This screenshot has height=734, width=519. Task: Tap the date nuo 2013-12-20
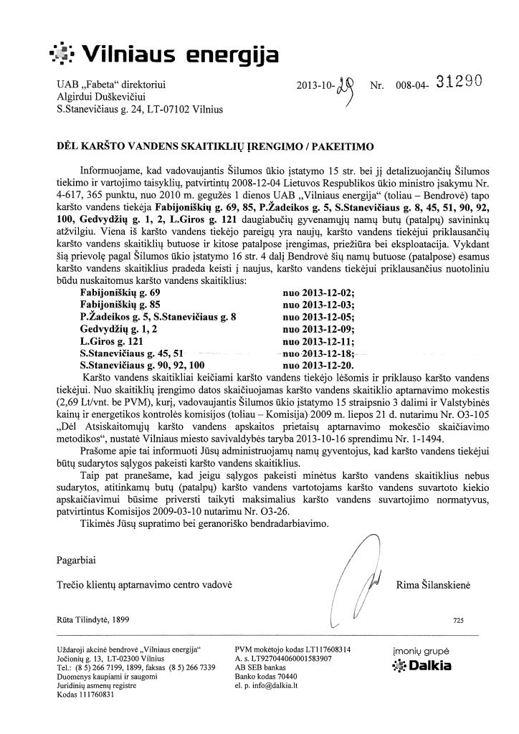pos(319,363)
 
